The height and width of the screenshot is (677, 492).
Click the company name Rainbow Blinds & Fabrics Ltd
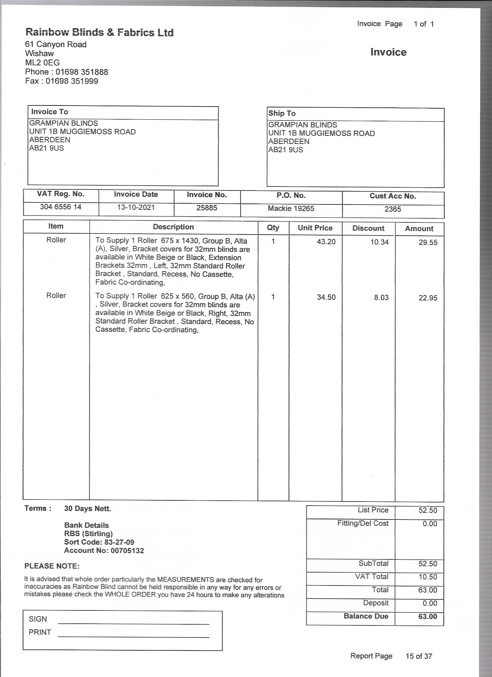[x=99, y=32]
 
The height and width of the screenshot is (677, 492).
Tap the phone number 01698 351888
[x=82, y=72]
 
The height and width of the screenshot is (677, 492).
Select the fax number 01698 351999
[x=71, y=81]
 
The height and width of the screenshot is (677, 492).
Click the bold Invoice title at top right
[x=388, y=52]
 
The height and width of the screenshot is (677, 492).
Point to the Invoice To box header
[x=49, y=112]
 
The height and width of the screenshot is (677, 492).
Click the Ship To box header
[x=282, y=114]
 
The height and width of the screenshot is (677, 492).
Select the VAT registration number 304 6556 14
[x=60, y=207]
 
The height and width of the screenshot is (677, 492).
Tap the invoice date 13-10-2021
[x=136, y=207]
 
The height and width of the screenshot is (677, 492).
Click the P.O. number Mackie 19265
[x=291, y=208]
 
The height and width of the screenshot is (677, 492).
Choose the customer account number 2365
[x=393, y=209]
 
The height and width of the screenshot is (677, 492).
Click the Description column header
[x=173, y=227]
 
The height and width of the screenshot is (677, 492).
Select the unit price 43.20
[x=326, y=242]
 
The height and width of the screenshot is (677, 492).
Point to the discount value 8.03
[x=381, y=298]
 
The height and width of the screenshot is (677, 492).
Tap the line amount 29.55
[x=428, y=242]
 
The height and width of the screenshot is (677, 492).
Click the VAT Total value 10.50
[x=427, y=577]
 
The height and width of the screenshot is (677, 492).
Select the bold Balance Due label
[x=366, y=616]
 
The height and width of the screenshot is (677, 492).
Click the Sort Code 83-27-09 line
[x=99, y=542]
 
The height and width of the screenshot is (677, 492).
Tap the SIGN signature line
[x=134, y=623]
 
